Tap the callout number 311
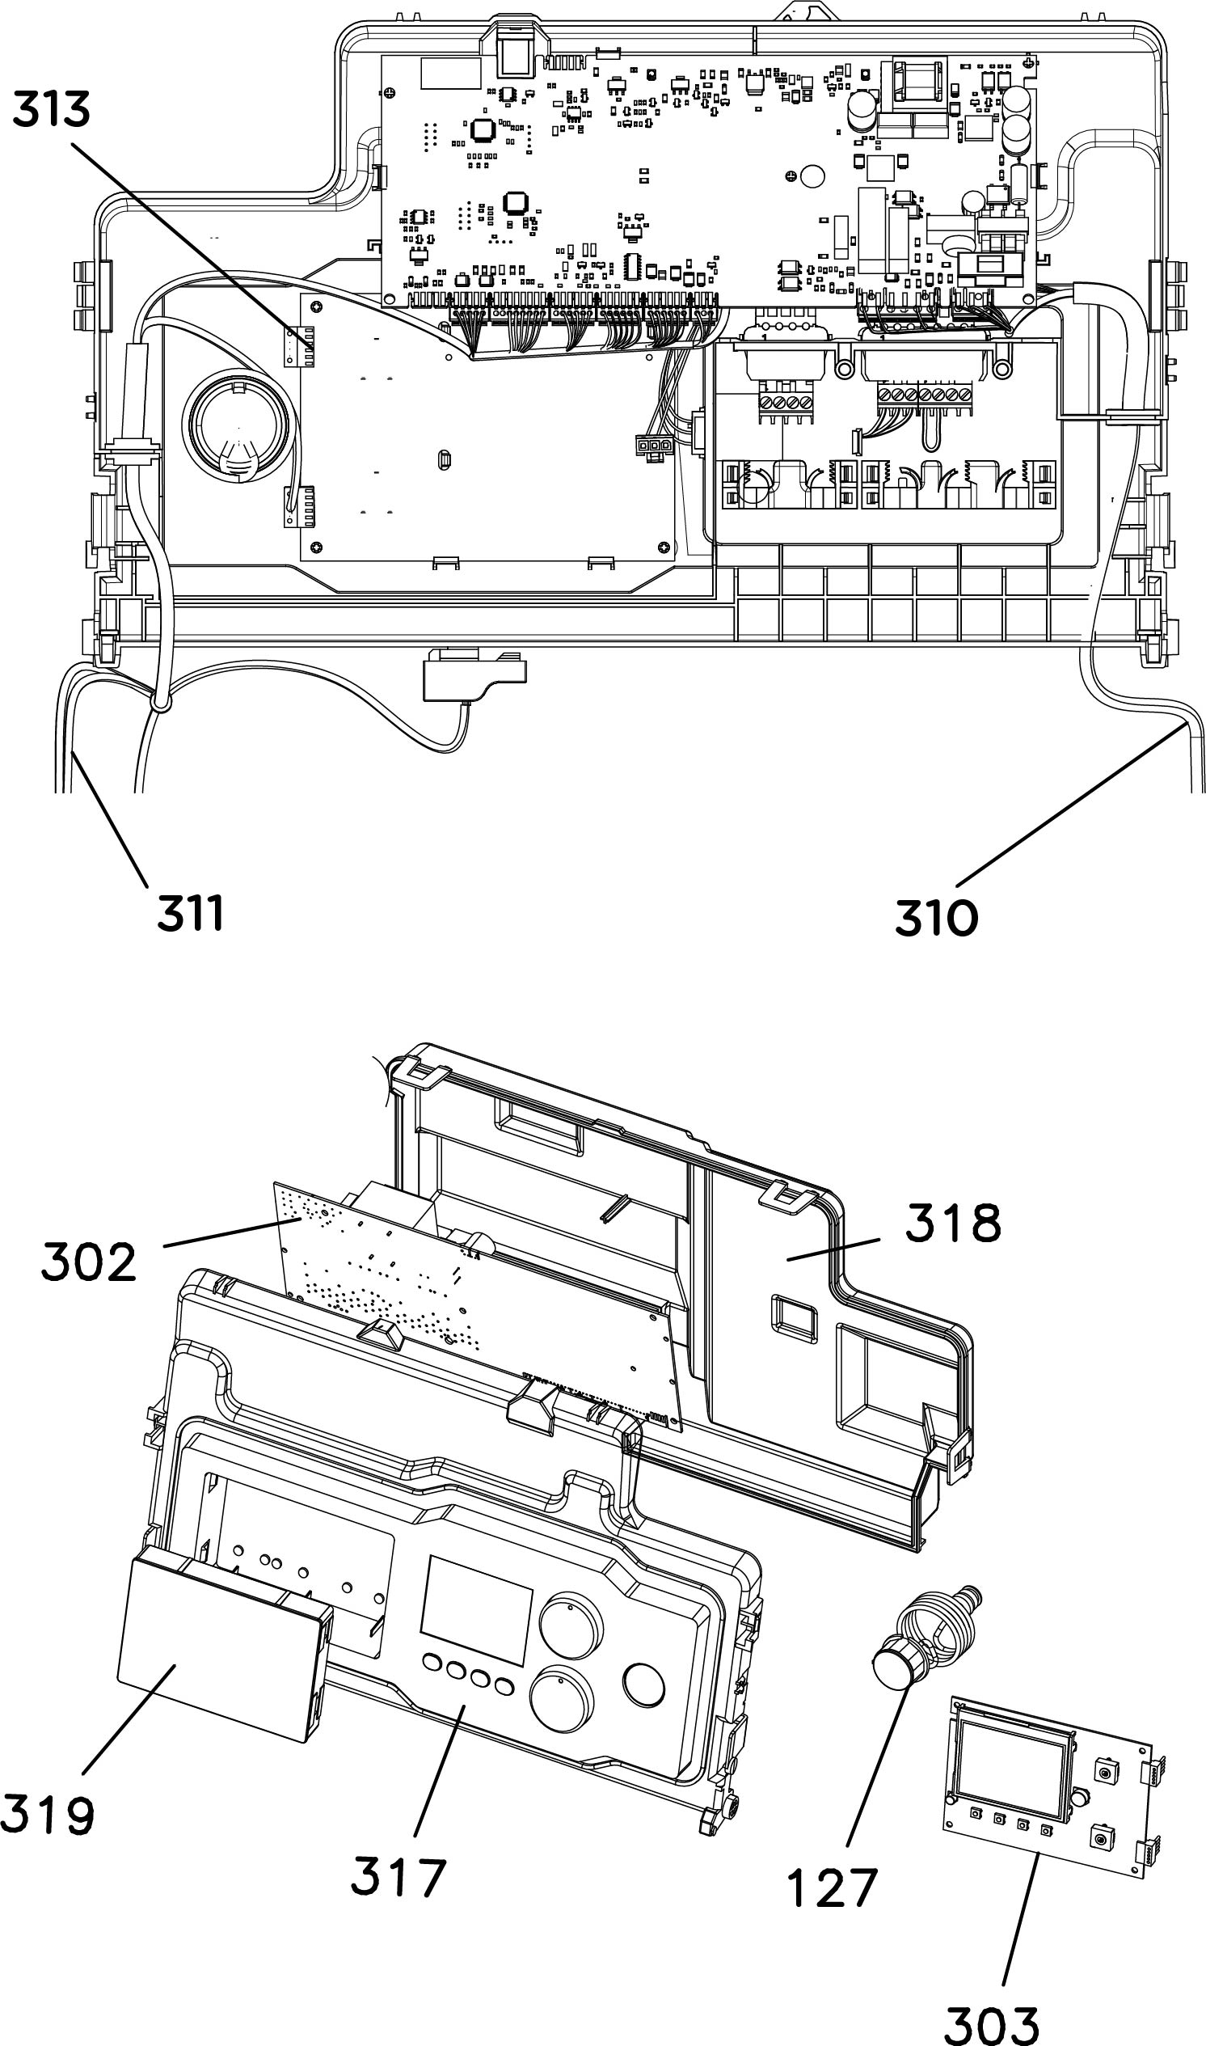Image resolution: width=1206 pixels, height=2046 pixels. [x=189, y=913]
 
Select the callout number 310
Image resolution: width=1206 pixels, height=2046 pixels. [x=936, y=919]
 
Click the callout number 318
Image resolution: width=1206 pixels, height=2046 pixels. [x=952, y=1224]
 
